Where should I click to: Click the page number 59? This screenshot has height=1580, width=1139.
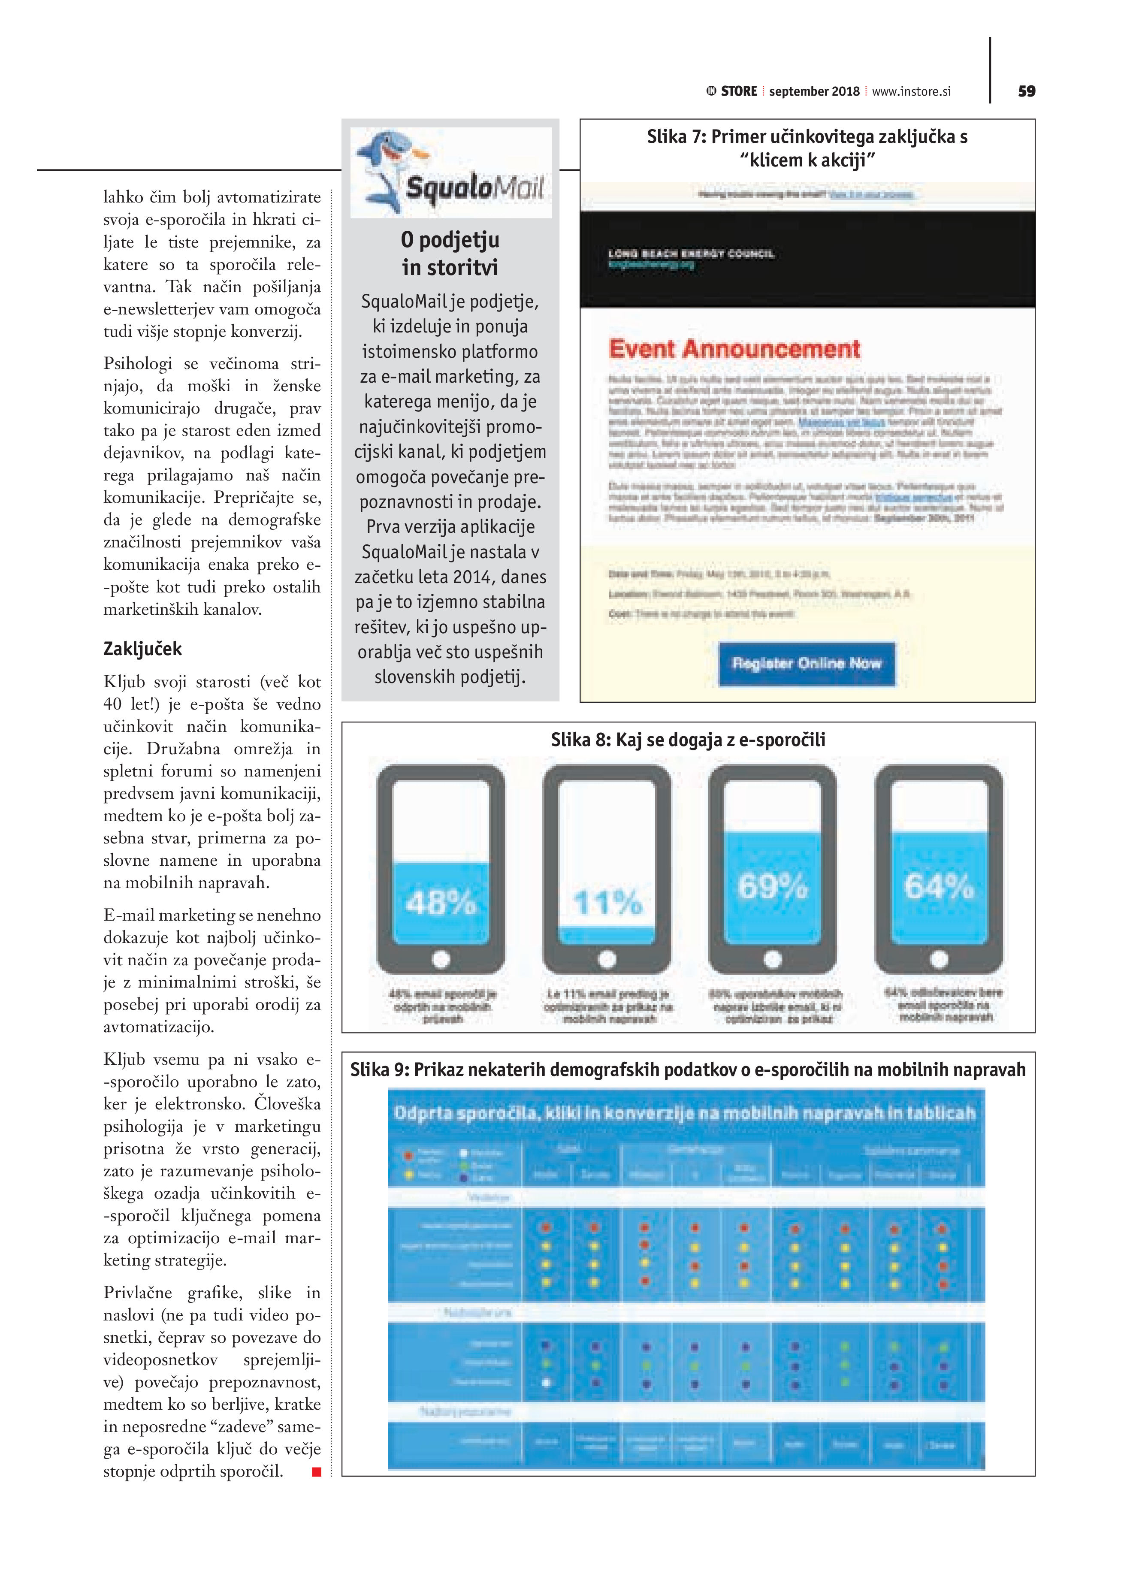(x=1026, y=91)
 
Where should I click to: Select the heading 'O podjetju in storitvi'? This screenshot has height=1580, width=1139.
(x=450, y=253)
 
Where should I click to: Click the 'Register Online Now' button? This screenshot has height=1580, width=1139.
(x=807, y=663)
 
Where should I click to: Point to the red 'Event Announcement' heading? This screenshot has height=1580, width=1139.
(x=734, y=349)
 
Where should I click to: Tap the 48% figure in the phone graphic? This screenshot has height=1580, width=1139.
(x=441, y=903)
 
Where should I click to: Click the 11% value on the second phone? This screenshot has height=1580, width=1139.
(x=607, y=903)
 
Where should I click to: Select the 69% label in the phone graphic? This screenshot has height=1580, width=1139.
(x=773, y=886)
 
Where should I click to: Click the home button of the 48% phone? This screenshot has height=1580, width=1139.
(x=441, y=959)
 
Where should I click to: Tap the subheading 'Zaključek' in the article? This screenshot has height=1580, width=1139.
(x=143, y=649)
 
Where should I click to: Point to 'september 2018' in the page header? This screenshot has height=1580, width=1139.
(x=814, y=91)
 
